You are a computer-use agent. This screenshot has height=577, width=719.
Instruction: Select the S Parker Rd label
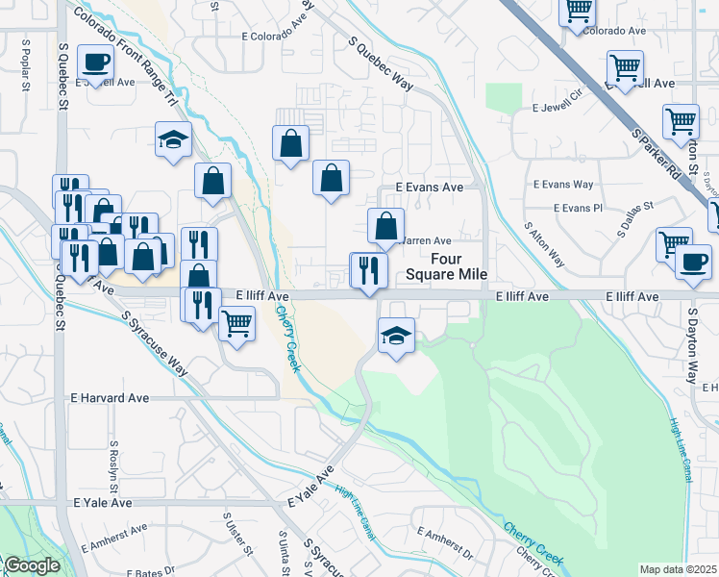tap(664, 158)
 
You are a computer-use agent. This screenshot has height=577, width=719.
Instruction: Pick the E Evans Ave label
tap(422, 189)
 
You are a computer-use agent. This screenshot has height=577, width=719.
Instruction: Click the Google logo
tap(31, 565)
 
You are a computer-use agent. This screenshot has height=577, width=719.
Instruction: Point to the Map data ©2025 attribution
tap(678, 569)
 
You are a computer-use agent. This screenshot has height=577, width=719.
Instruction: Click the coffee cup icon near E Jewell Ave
tap(95, 63)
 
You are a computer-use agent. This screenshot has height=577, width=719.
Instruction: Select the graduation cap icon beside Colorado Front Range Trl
tap(173, 139)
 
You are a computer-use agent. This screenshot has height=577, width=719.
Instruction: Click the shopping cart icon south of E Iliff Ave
tap(236, 323)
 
